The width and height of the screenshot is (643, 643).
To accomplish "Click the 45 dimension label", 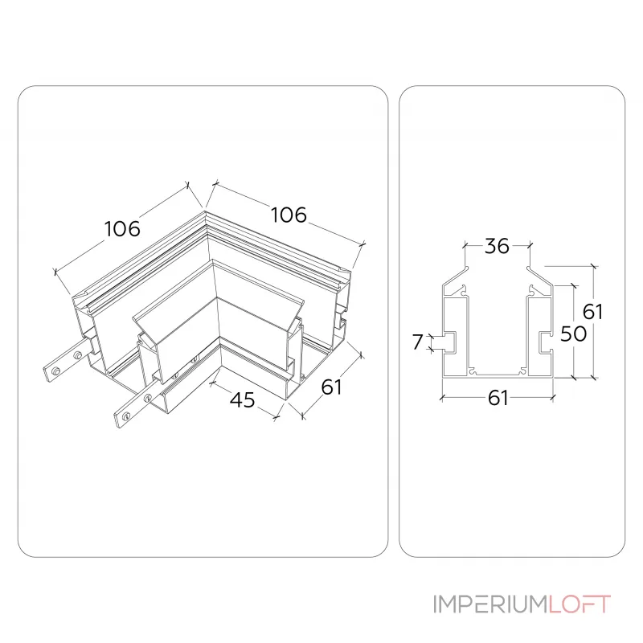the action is (x=243, y=399).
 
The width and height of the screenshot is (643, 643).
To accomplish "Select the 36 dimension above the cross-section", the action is (x=497, y=246).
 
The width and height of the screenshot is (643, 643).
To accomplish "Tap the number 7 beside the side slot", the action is (x=417, y=342).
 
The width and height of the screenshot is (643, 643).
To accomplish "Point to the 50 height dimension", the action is (x=573, y=334).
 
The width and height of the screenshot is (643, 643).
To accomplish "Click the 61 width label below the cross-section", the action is (x=498, y=398).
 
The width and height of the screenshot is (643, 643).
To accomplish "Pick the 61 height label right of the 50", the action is (x=592, y=312).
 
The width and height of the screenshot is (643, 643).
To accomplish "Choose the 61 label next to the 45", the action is (x=331, y=387).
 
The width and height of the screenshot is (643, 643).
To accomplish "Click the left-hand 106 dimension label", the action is (x=122, y=228).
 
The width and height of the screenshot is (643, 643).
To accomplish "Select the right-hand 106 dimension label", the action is (x=289, y=215).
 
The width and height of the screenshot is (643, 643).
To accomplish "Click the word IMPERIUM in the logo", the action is (x=490, y=604).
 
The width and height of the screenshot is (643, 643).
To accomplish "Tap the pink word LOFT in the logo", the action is (x=580, y=604).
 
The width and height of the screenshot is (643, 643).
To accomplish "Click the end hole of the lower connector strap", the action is (x=125, y=416).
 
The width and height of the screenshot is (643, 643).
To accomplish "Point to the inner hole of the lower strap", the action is (x=148, y=396).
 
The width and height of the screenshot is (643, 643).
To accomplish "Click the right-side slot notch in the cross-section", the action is (x=545, y=342).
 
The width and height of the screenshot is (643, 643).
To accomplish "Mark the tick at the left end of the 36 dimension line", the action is (x=465, y=246).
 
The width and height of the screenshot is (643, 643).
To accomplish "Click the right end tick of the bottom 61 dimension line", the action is (x=553, y=397).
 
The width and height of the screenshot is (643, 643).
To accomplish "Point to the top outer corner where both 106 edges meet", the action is (x=205, y=211).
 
